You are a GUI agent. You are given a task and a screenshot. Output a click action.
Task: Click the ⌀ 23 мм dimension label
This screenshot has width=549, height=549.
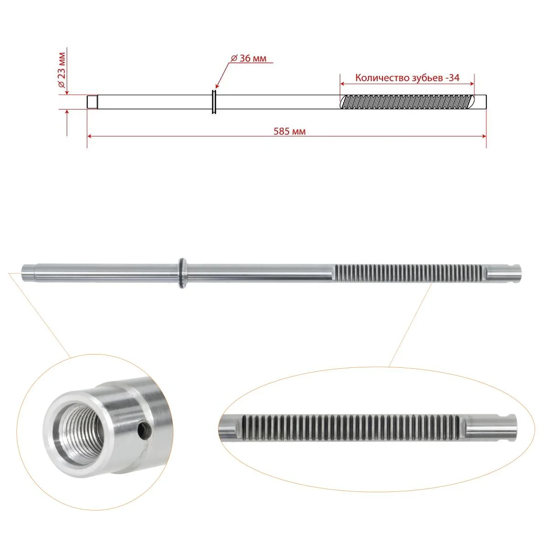click(x=62, y=70)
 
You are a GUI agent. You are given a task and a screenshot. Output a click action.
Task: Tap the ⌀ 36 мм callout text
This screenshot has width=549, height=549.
click(x=249, y=59)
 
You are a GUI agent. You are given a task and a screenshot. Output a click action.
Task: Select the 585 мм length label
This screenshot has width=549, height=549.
click(x=290, y=131)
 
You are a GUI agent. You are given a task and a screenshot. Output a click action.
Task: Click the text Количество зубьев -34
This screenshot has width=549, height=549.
click(x=408, y=78)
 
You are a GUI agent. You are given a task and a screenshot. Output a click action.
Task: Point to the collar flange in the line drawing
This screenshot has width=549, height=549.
click(x=214, y=102)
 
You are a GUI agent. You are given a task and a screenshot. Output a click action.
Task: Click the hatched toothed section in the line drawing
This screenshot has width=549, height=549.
click(x=408, y=102)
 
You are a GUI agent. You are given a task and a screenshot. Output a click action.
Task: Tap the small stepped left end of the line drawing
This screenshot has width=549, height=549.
click(x=92, y=102)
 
